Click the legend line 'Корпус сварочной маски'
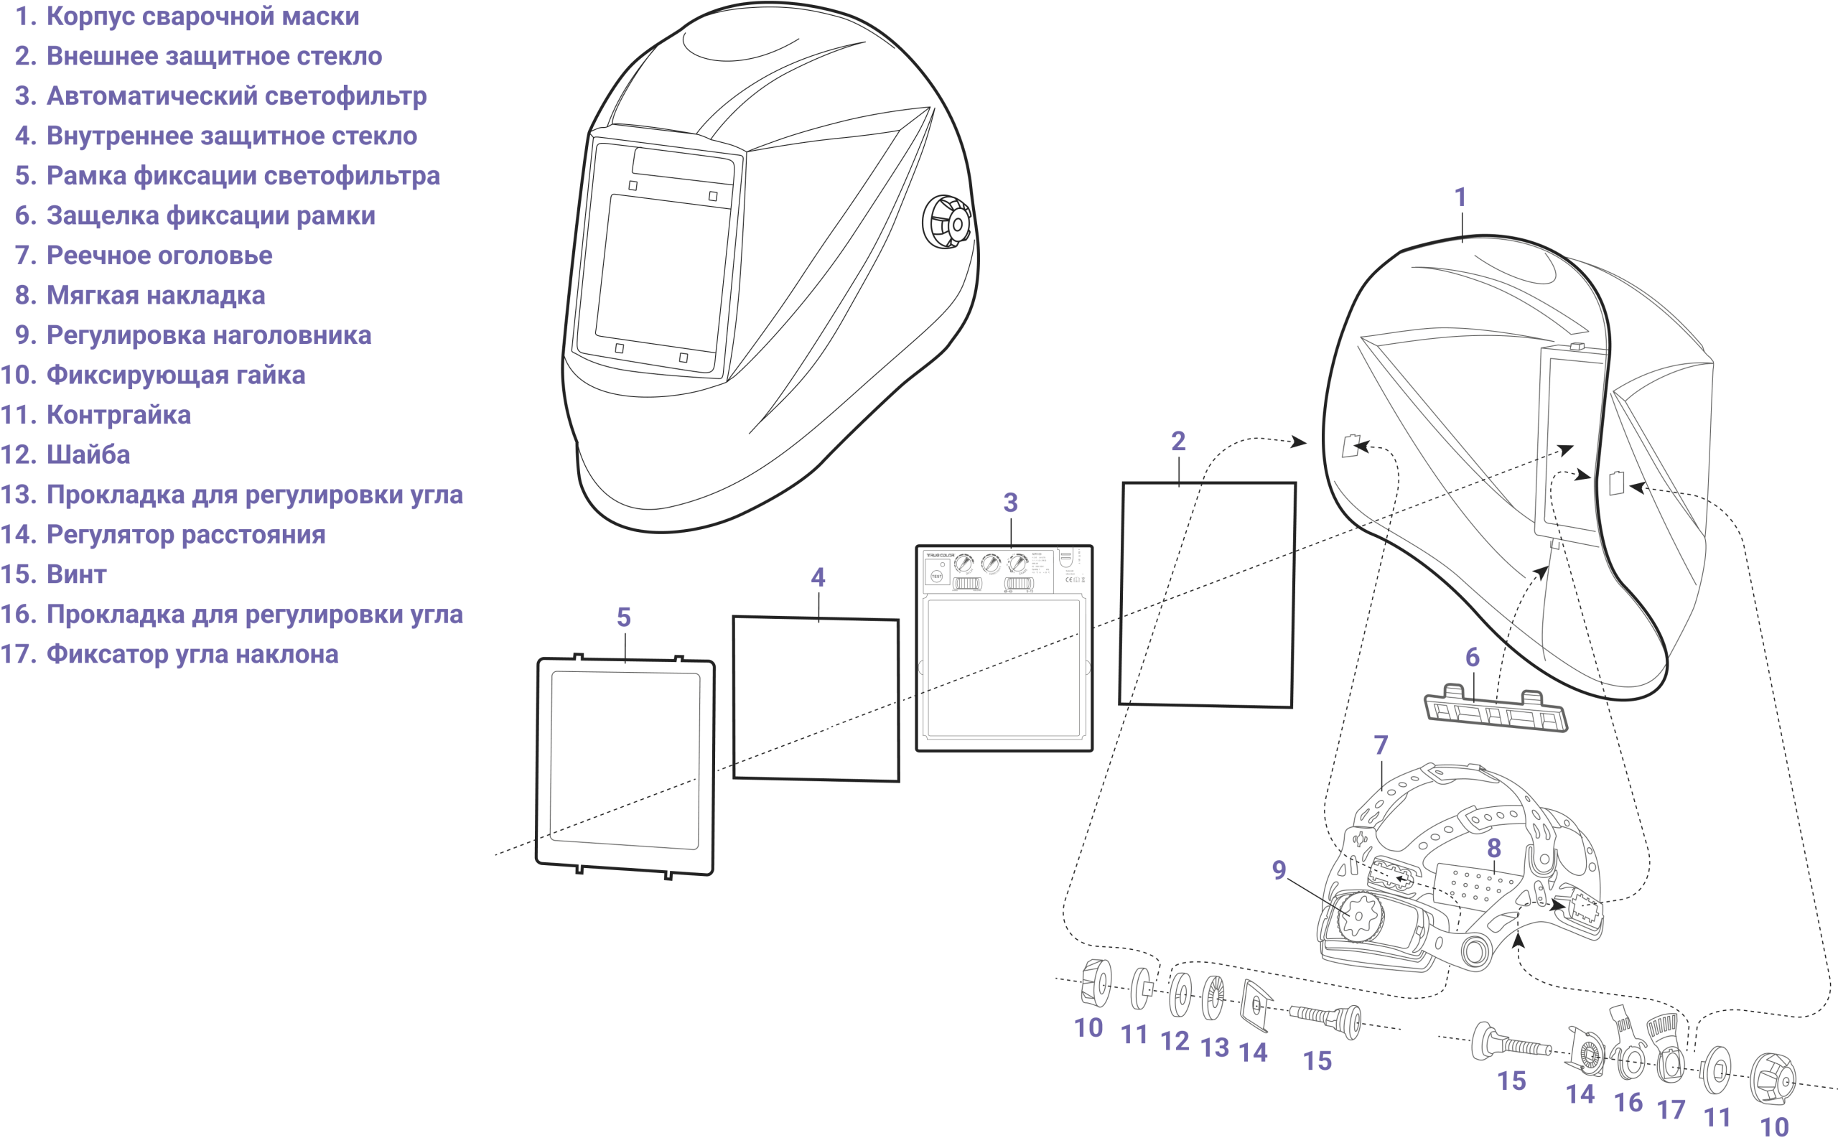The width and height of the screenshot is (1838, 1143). click(x=202, y=17)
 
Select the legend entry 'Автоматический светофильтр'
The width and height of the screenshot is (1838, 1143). click(x=235, y=96)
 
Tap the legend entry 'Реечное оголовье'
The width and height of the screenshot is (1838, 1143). click(x=159, y=256)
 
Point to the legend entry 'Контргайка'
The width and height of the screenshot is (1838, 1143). click(x=118, y=415)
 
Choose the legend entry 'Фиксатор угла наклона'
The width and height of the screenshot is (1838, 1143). click(x=192, y=654)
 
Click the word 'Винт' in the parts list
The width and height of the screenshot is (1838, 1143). click(x=76, y=574)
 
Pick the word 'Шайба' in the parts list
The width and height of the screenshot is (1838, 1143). click(x=88, y=455)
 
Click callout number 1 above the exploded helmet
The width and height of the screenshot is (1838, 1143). click(x=1460, y=197)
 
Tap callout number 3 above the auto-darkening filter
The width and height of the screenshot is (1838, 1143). click(x=1010, y=503)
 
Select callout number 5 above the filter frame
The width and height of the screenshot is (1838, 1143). click(x=623, y=617)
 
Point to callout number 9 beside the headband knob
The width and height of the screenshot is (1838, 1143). click(x=1279, y=871)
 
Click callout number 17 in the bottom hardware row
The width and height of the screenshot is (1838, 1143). click(x=1671, y=1109)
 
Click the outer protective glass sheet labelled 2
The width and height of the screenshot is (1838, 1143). click(x=1207, y=595)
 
